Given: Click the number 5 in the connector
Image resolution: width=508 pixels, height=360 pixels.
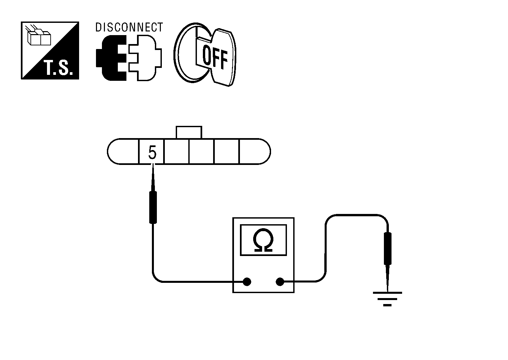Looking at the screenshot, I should [x=152, y=153].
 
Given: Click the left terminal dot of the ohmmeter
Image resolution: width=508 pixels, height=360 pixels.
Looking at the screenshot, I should [x=247, y=282].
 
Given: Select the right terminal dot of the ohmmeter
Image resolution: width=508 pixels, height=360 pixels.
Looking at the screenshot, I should [x=280, y=282].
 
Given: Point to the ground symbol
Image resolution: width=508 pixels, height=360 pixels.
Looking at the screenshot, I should [x=387, y=298].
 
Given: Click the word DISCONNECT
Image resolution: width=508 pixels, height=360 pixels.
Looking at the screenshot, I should [x=129, y=27].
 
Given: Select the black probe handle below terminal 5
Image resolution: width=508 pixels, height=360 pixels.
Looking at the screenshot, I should [x=153, y=207].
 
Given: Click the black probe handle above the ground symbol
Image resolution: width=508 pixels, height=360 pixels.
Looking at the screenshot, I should [x=387, y=248].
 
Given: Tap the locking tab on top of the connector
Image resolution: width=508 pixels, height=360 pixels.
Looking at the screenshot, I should [x=189, y=132].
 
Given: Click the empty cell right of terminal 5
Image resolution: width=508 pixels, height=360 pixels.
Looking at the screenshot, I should [x=176, y=152].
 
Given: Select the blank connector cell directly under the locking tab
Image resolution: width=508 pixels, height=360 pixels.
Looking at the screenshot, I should [x=202, y=152].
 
